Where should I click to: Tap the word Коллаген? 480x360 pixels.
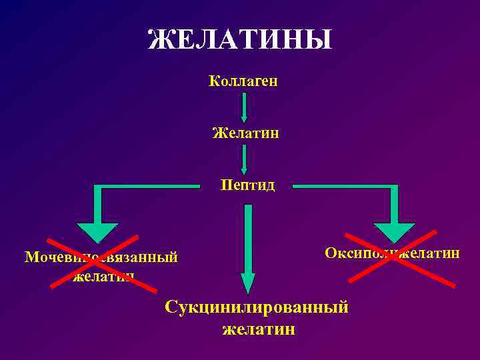[x=243, y=81]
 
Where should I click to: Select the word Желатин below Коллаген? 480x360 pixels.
[x=245, y=133]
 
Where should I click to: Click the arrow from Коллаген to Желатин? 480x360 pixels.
[x=245, y=107]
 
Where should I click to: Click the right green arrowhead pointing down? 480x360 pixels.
[x=394, y=230]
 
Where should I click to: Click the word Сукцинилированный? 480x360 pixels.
[x=257, y=308]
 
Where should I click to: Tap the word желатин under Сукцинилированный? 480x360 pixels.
[x=259, y=329]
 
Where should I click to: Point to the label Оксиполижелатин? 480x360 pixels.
[x=392, y=253]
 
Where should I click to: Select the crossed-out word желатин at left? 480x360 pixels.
[x=103, y=275]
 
